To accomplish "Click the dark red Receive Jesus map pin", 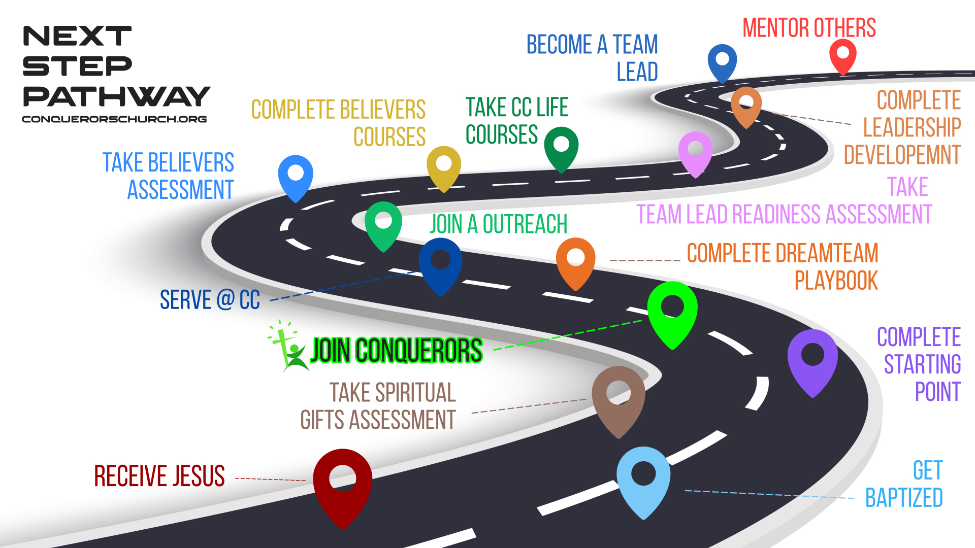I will click(343, 482).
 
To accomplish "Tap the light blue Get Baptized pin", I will click(643, 477).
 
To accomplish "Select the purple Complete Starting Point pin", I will click(812, 358).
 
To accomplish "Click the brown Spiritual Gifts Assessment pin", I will click(619, 396).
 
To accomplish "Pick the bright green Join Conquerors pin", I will click(672, 310).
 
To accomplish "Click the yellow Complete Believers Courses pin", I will click(444, 165).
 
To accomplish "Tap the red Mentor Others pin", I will click(843, 55).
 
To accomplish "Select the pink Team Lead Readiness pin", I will click(695, 151).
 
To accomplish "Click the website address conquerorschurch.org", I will click(114, 119).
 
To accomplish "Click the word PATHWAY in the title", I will click(116, 96).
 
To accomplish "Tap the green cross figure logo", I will click(287, 347).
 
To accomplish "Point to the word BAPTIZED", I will click(904, 498).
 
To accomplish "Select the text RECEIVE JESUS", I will click(159, 476).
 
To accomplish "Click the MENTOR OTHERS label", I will click(809, 28).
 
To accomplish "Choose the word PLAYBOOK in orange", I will click(836, 281).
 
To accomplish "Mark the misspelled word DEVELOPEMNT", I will click(902, 155).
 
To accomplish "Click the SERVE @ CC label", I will click(210, 299).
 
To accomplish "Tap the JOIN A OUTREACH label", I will click(498, 224).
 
